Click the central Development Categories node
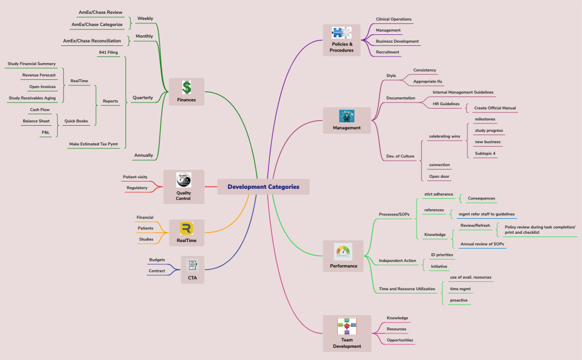tap(263, 187)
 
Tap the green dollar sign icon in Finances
tap(187, 88)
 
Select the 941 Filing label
tap(108, 52)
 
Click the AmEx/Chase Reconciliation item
tap(92, 40)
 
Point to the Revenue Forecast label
tap(39, 75)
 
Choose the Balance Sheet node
tap(36, 121)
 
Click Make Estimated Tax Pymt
tap(93, 144)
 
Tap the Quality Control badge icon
tap(184, 180)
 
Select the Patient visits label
tap(135, 177)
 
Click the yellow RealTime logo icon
tap(187, 229)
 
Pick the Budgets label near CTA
tap(157, 259)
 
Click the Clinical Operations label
tap(393, 19)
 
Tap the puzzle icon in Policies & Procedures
tap(342, 33)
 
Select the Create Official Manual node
tap(495, 108)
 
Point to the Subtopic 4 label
tap(485, 153)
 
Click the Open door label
tap(439, 177)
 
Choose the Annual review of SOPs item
tap(482, 244)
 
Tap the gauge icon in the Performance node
tap(343, 252)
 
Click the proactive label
tap(459, 300)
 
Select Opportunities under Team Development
tap(400, 340)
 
